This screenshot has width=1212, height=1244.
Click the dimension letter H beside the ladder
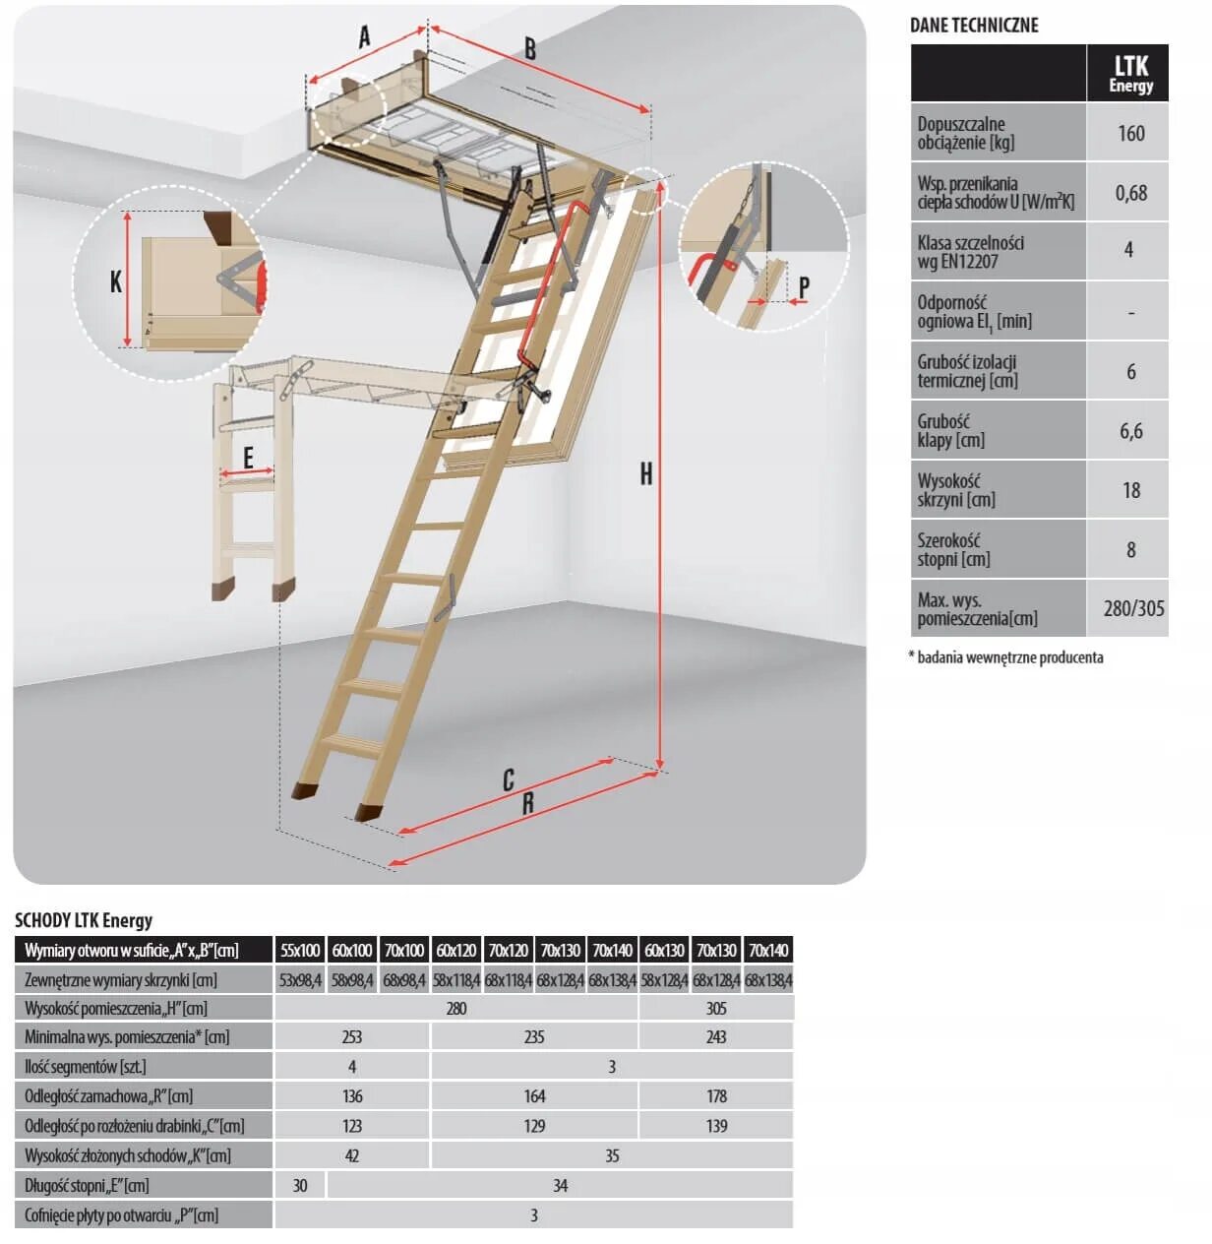pyautogui.click(x=645, y=474)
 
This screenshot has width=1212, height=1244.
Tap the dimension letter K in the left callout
pyautogui.click(x=116, y=282)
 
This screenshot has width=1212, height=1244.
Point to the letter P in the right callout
pyautogui.click(x=804, y=287)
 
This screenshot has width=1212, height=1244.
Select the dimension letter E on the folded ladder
pyautogui.click(x=248, y=457)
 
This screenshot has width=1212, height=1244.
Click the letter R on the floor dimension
pyautogui.click(x=527, y=803)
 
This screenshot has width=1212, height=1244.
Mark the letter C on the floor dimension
pyautogui.click(x=508, y=780)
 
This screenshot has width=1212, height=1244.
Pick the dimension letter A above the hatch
pyautogui.click(x=364, y=37)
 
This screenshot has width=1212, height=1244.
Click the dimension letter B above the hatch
pyautogui.click(x=529, y=48)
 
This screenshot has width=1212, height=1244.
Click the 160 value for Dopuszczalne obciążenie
pyautogui.click(x=1130, y=133)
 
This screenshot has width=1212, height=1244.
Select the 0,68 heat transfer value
pyautogui.click(x=1130, y=193)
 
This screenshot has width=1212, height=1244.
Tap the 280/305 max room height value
pyautogui.click(x=1133, y=608)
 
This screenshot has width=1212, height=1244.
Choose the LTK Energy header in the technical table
pyautogui.click(x=1130, y=73)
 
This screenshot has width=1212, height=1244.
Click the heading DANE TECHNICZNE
pyautogui.click(x=973, y=26)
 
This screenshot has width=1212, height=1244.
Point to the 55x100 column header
pyautogui.click(x=300, y=950)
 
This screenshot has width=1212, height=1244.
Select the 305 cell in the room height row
pyautogui.click(x=716, y=1008)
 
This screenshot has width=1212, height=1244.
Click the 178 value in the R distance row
pyautogui.click(x=716, y=1095)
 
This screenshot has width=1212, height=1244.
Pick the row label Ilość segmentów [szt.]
pyautogui.click(x=86, y=1066)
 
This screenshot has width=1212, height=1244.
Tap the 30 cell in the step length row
pyautogui.click(x=300, y=1185)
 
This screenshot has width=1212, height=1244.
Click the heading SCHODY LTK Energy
pyautogui.click(x=84, y=920)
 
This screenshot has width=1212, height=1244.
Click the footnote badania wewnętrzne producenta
pyautogui.click(x=1009, y=657)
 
